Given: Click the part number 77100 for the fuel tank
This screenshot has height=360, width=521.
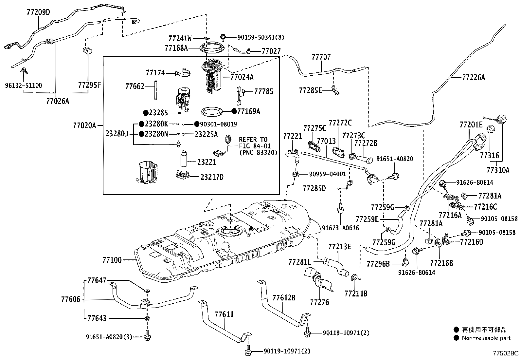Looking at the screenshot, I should click(112, 260).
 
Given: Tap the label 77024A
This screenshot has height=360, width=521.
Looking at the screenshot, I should click(242, 77).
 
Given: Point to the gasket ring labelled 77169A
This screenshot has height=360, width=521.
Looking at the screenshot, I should click(213, 112).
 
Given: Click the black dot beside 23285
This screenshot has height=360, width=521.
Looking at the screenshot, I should click(146, 113).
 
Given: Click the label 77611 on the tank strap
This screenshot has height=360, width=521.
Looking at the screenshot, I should click(224, 314).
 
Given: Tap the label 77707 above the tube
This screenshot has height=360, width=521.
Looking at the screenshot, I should click(321, 57).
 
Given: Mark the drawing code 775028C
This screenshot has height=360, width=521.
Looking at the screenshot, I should click(506, 353).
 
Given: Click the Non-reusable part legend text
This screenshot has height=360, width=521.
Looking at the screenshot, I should click(486, 338).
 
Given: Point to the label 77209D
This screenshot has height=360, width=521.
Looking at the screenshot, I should click(38, 12).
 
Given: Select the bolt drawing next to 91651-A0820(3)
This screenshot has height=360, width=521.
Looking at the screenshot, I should click(146, 336).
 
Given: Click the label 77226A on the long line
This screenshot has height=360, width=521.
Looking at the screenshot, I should click(473, 78).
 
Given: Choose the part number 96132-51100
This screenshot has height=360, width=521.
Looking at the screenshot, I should click(23, 85).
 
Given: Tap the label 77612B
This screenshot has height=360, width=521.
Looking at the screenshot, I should click(284, 297).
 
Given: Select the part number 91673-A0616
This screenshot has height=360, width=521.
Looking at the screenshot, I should click(340, 228).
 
